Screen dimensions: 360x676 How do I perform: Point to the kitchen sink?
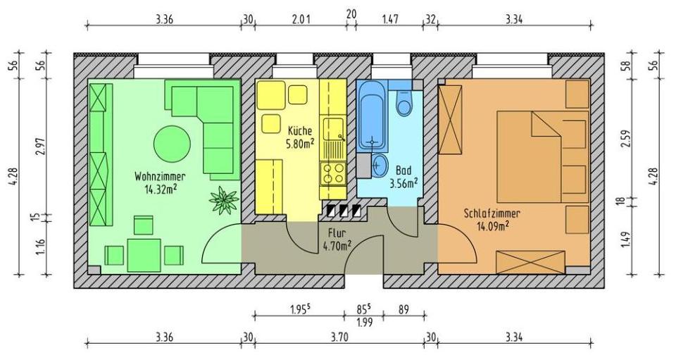(332, 130)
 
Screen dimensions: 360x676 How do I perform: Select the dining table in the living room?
(144, 254)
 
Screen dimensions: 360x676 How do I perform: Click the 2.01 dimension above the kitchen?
(300, 19)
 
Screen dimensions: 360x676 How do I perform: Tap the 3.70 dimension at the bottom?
(339, 337)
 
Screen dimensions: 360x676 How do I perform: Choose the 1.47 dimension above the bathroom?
(389, 19)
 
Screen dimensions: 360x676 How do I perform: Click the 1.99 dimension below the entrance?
(365, 323)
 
